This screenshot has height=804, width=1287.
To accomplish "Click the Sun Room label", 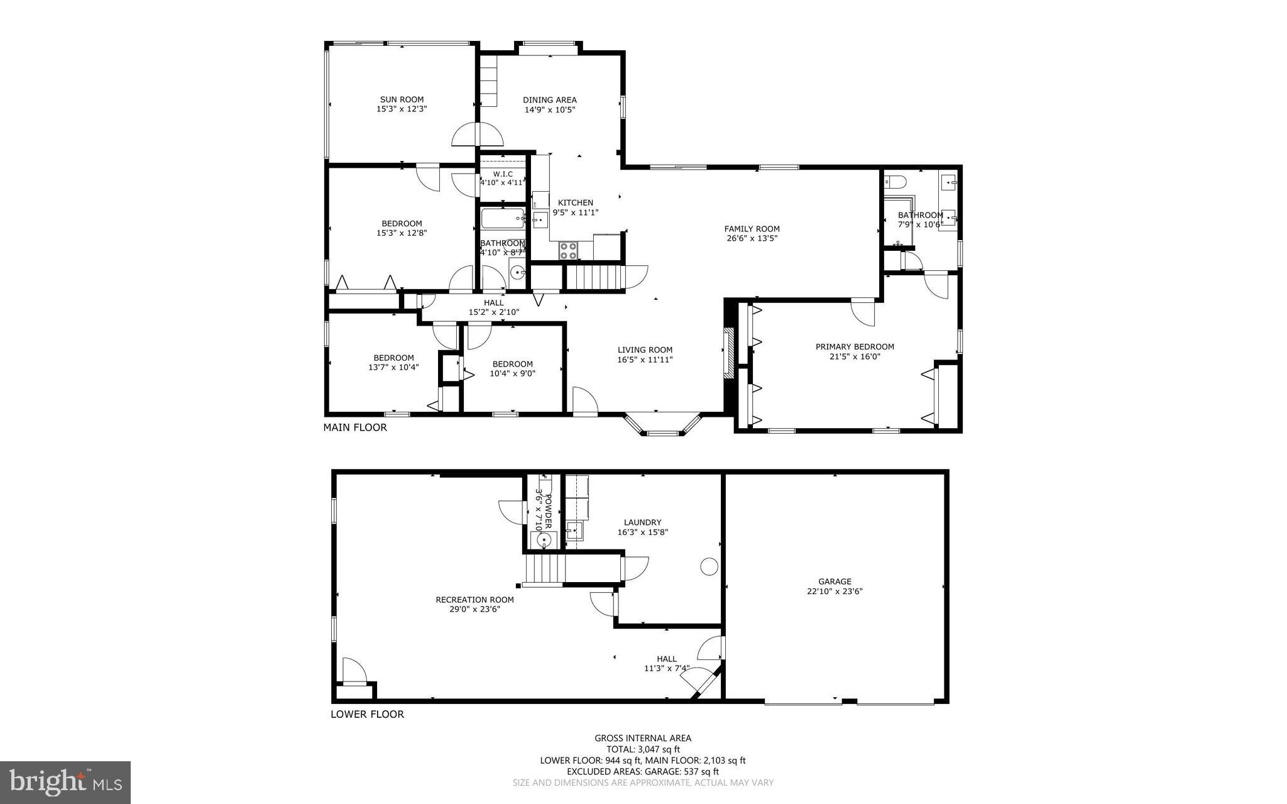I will (402, 99).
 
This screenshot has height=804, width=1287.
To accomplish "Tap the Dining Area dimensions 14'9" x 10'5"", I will (550, 110).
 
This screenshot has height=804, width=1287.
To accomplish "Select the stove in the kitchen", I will (569, 251).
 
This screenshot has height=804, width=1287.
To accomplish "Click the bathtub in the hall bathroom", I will (502, 220).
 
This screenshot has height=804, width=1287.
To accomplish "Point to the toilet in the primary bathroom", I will (895, 182).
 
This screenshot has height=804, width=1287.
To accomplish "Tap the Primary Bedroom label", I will (855, 346).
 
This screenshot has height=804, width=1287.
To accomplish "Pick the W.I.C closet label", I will (503, 174).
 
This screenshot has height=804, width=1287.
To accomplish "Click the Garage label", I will (835, 581).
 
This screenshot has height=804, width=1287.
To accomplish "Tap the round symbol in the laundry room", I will (709, 566).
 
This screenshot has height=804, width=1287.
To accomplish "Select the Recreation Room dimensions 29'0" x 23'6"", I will (475, 609).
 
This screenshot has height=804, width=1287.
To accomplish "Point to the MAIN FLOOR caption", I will (355, 427).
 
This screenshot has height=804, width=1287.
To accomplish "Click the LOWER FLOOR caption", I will (367, 714).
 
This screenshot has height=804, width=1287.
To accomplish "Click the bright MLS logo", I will (65, 781).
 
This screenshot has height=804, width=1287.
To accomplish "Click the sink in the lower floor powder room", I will (544, 539).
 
